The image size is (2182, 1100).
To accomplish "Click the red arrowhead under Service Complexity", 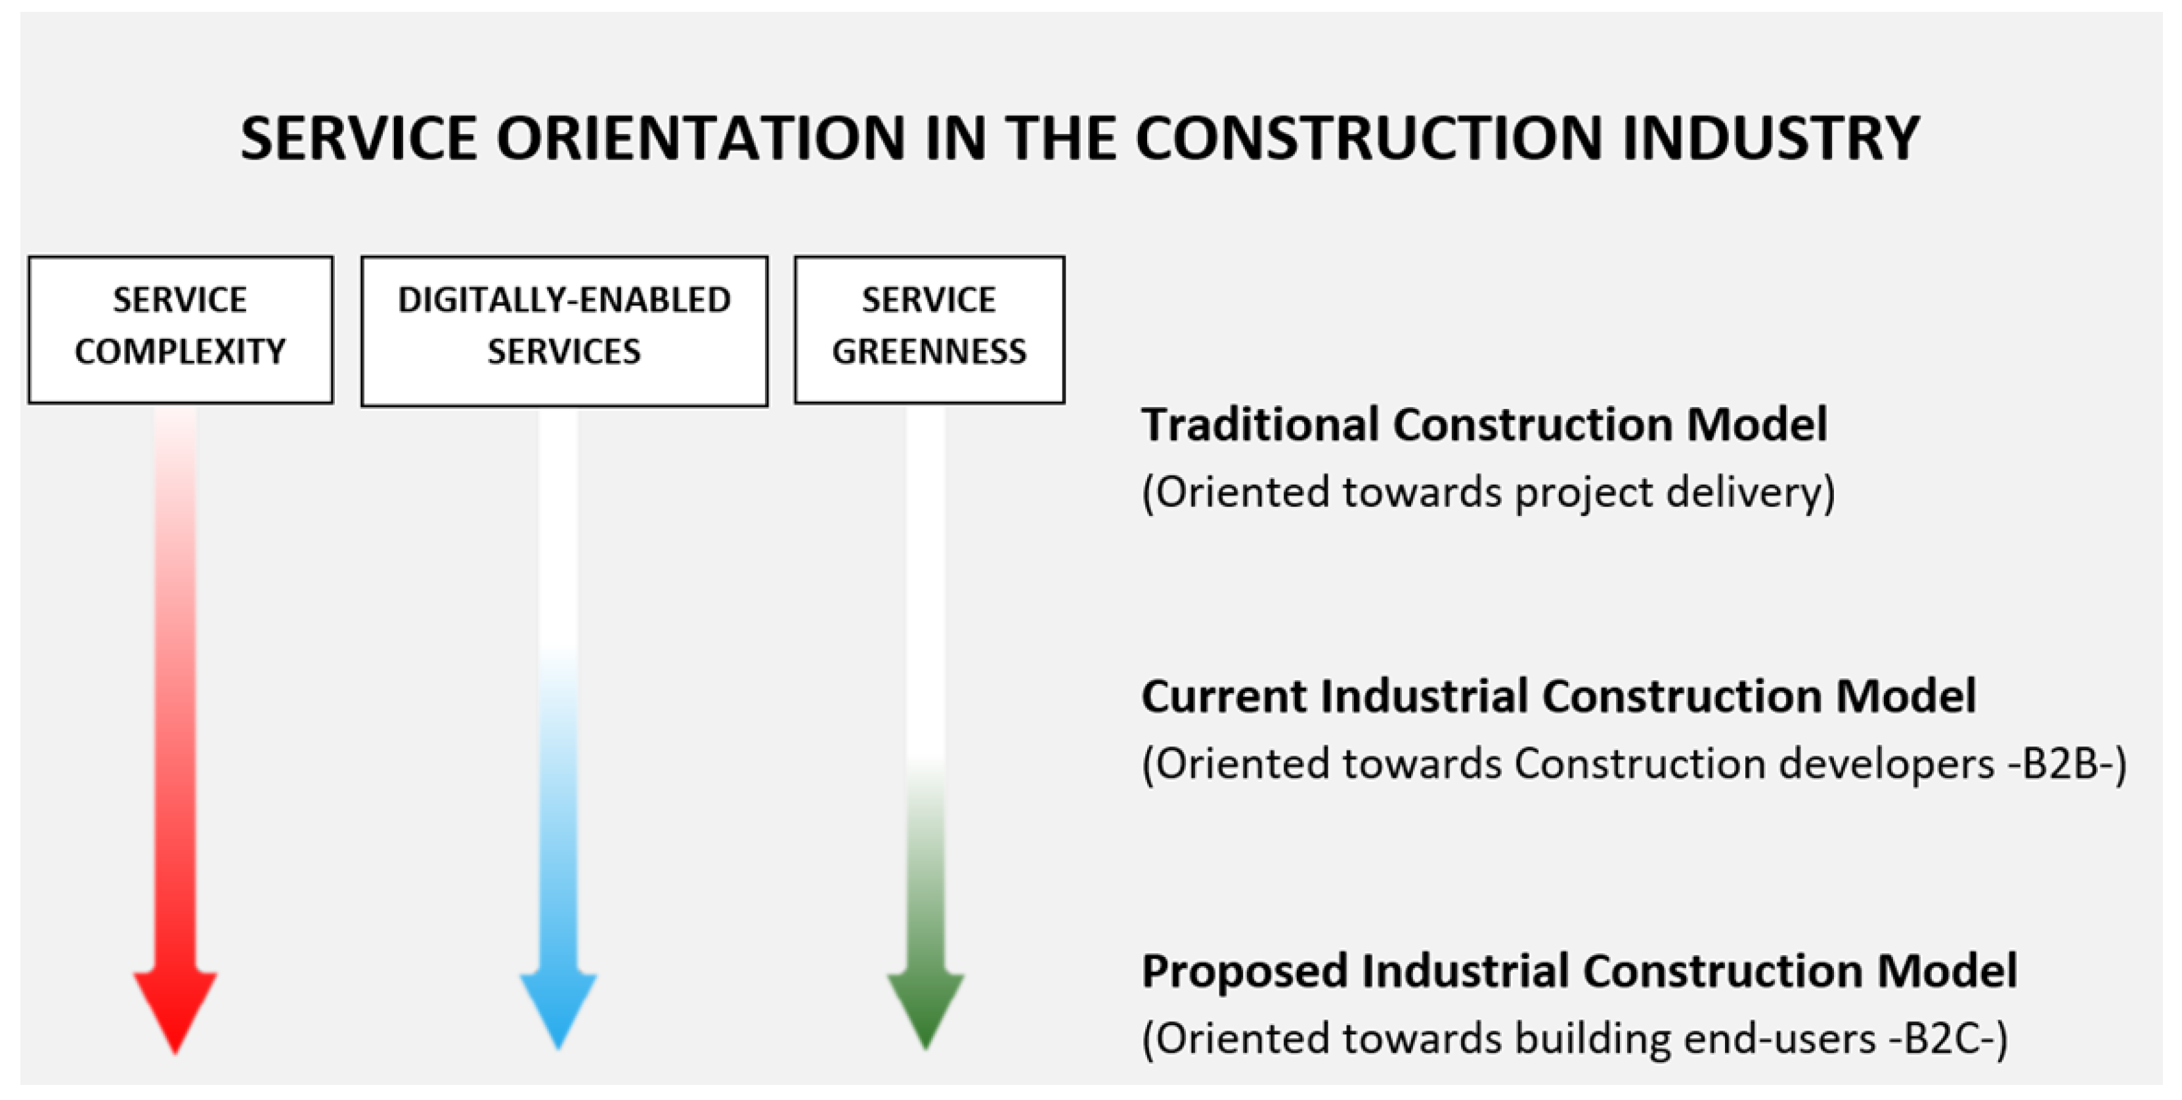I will click(175, 1007).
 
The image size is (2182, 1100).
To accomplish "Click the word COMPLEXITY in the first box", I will click(181, 351).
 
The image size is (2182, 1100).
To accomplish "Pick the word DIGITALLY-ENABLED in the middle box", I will click(564, 300).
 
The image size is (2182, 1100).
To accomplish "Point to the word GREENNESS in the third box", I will click(929, 351).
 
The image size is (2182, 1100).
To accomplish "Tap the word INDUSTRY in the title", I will click(1770, 138).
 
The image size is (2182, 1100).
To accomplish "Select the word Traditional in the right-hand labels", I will click(1259, 424).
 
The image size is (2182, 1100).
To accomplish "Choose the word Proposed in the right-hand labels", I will click(1244, 971).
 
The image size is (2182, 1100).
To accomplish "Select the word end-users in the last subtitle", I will click(1779, 1039).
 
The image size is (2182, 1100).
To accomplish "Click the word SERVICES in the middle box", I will click(564, 351).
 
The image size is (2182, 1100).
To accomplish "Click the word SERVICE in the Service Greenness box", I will click(929, 300).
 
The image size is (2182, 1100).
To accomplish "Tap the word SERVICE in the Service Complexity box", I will click(181, 300).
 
